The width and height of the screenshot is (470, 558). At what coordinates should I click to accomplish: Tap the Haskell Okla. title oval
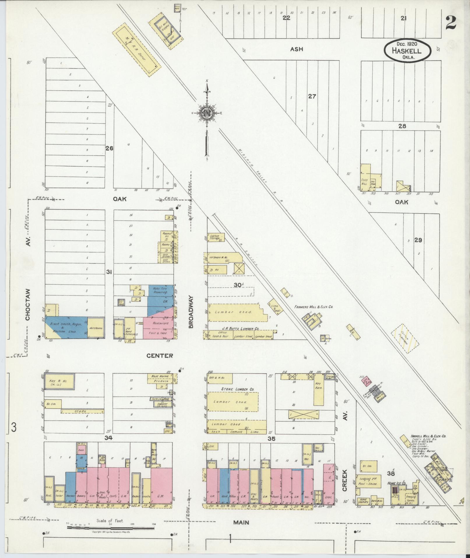406,50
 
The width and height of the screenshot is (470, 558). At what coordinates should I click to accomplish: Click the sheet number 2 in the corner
450,23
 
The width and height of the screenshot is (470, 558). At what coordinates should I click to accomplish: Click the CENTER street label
159,356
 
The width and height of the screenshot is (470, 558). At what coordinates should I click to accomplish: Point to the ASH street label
296,49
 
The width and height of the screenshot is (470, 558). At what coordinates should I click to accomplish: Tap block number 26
109,148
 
